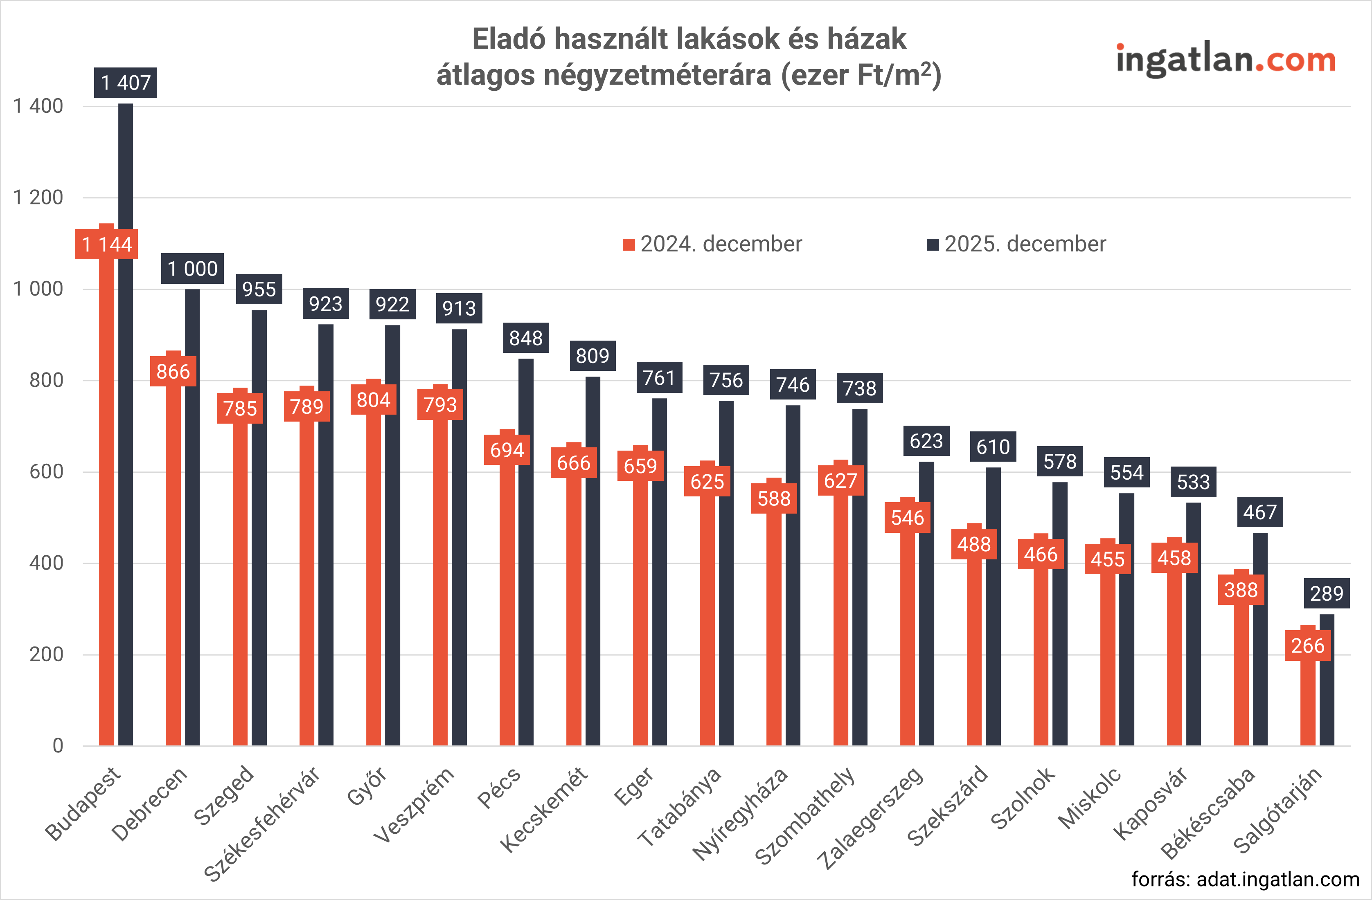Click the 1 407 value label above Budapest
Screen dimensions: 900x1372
126,83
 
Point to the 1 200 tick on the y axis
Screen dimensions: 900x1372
38,198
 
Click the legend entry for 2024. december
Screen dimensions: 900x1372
712,244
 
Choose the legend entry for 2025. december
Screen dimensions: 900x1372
1017,244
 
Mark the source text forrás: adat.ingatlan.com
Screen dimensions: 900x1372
1245,879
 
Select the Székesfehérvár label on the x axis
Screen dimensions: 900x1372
262,824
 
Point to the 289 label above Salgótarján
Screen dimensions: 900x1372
1327,593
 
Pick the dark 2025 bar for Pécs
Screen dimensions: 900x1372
526,553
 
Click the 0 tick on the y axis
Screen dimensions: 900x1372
58,745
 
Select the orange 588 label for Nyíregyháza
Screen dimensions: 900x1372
774,498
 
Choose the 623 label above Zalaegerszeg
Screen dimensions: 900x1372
926,441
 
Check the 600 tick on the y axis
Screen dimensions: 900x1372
46,472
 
